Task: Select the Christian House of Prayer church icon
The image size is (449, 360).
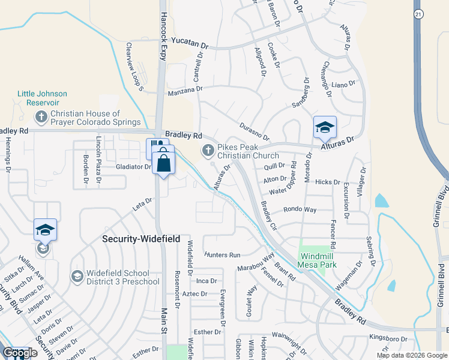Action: (x=41, y=116)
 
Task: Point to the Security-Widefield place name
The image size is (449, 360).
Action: (x=141, y=238)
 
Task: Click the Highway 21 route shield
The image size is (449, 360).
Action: (x=418, y=13)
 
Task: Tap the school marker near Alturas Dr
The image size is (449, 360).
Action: (x=325, y=127)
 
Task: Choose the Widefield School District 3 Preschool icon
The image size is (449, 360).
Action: (x=77, y=276)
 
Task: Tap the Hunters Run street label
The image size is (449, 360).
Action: (x=221, y=255)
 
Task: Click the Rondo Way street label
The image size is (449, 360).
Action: (x=300, y=210)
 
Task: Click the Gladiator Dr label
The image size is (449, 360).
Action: (x=133, y=167)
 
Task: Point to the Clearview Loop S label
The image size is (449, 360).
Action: (x=133, y=66)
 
